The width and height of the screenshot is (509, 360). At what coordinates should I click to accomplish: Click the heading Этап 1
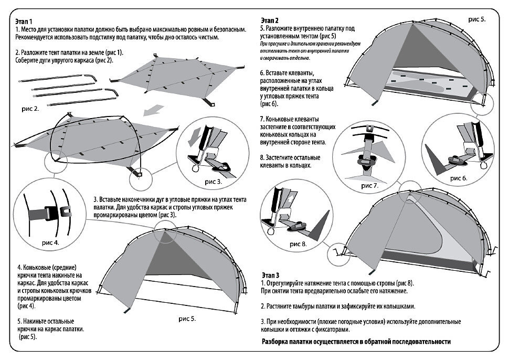coord(24,22)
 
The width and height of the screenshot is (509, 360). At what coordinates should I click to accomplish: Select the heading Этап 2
coord(269,20)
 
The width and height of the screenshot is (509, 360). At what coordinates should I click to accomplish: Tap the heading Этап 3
coord(270,276)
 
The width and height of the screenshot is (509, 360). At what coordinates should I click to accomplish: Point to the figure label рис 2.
coord(30,109)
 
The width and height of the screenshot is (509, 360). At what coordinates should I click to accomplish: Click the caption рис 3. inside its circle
coord(213,182)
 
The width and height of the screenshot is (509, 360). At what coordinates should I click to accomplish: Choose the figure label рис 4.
coord(51,243)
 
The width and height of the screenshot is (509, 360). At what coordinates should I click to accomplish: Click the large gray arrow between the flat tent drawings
coord(153,110)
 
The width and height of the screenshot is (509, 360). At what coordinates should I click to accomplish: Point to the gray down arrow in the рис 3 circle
coord(194,136)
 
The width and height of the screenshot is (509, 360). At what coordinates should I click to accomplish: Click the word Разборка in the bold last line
coord(274,342)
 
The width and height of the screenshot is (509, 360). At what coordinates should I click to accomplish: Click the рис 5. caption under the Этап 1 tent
coord(187,319)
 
